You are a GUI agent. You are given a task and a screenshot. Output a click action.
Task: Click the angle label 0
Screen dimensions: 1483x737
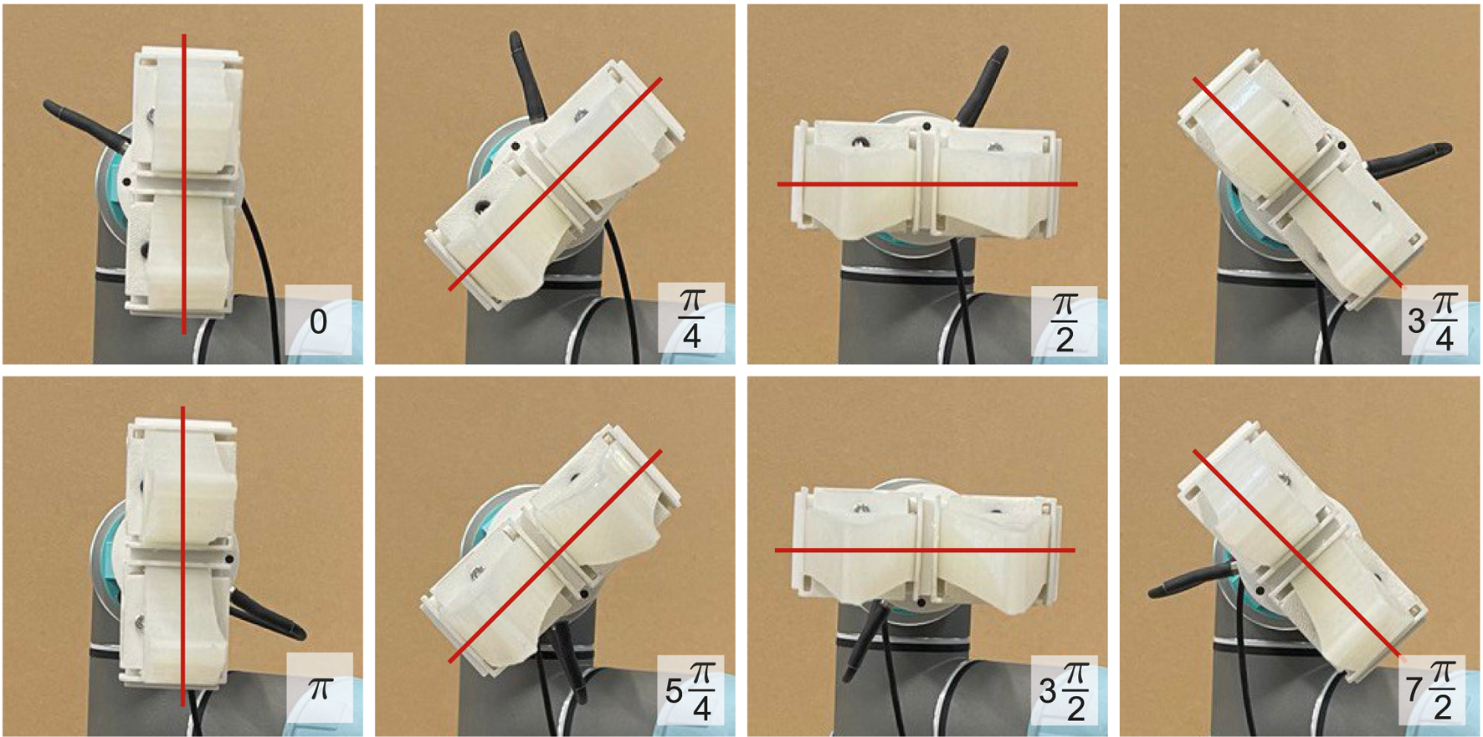(x=318, y=322)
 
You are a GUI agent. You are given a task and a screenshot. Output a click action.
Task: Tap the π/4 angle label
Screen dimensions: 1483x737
(x=691, y=320)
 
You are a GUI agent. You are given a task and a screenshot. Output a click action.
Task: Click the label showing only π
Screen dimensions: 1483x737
(x=320, y=688)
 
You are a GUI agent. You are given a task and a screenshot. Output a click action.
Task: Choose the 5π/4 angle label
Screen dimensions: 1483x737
(x=690, y=690)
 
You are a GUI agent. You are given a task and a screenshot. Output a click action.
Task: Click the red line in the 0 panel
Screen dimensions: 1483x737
(x=184, y=184)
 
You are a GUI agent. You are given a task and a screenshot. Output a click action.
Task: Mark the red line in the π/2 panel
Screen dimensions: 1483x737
(x=927, y=184)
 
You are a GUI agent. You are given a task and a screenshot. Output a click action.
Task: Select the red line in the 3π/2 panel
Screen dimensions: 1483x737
(x=925, y=550)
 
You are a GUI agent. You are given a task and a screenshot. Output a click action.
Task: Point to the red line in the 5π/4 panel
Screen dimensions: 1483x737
(x=555, y=557)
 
